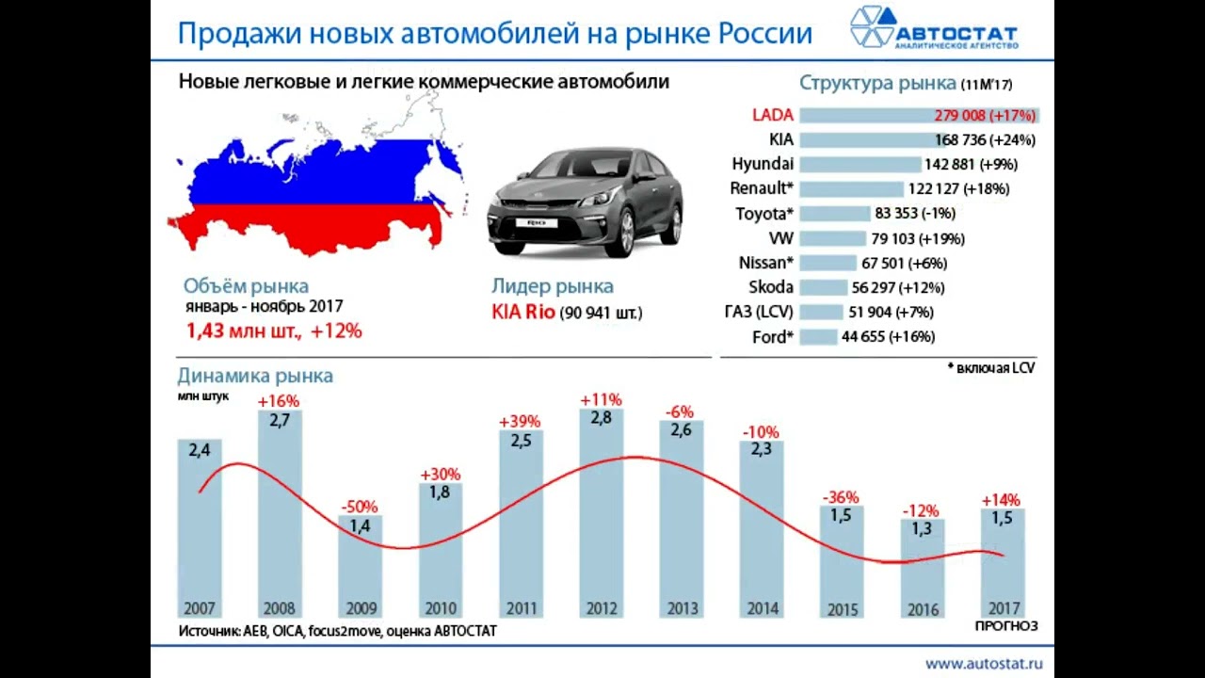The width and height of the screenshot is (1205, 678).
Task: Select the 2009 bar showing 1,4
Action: pyautogui.click(x=360, y=565)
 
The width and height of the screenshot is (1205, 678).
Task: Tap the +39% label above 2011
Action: pyautogui.click(x=521, y=421)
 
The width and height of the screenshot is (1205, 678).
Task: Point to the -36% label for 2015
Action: pyautogui.click(x=841, y=497)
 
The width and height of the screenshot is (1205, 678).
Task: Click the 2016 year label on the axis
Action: pyautogui.click(x=923, y=609)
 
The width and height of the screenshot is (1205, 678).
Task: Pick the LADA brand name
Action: pyautogui.click(x=773, y=115)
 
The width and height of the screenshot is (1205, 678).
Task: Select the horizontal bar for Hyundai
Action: pyautogui.click(x=860, y=164)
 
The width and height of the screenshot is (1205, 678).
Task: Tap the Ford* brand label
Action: pyautogui.click(x=773, y=337)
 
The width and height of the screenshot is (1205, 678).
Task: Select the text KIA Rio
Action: pyautogui.click(x=523, y=313)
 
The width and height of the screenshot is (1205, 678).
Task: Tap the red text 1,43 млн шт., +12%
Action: pyautogui.click(x=274, y=331)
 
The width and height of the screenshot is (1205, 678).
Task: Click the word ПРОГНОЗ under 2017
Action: pyautogui.click(x=1005, y=626)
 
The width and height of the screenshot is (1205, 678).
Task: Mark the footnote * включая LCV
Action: pyautogui.click(x=990, y=368)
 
